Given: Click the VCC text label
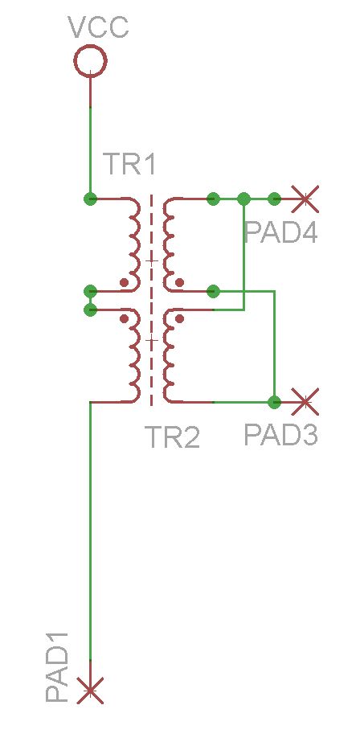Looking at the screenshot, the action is pyautogui.click(x=98, y=27).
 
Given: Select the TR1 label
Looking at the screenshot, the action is pyautogui.click(x=129, y=164).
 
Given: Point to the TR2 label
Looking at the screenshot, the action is pyautogui.click(x=172, y=437).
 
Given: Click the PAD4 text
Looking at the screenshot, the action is pyautogui.click(x=281, y=232).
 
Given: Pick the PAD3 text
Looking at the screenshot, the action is pyautogui.click(x=281, y=434).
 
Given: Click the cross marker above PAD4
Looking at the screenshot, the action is pyautogui.click(x=305, y=199).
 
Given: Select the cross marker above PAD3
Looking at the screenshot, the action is pyautogui.click(x=305, y=402).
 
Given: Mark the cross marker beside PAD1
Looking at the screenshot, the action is pyautogui.click(x=90, y=691).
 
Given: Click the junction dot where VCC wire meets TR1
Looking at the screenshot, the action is pyautogui.click(x=90, y=199).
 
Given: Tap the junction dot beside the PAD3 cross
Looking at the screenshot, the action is pyautogui.click(x=274, y=402).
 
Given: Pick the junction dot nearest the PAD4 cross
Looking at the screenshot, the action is pyautogui.click(x=274, y=199).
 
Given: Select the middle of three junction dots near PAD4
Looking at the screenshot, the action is pyautogui.click(x=243, y=199).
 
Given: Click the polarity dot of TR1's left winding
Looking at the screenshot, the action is pyautogui.click(x=125, y=283).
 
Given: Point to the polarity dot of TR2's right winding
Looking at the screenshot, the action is pyautogui.click(x=179, y=319).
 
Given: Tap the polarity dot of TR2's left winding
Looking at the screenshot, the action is pyautogui.click(x=125, y=319).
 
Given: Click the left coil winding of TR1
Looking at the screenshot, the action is pyautogui.click(x=134, y=244).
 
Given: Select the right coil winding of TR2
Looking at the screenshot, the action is pyautogui.click(x=169, y=356).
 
